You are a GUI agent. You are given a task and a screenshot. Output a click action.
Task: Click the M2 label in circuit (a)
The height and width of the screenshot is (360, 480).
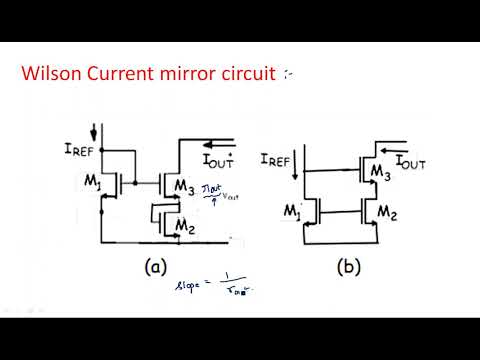coord(183,229)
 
